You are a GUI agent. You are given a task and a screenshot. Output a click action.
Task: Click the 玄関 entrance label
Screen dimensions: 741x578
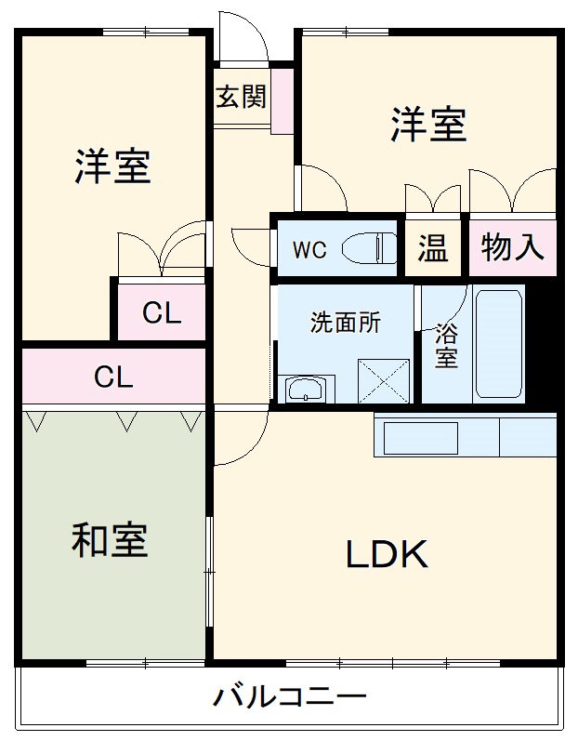241,97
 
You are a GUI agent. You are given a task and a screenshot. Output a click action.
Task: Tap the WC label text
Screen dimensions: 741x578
309,249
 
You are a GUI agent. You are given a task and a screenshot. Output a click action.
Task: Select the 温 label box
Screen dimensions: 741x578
432,248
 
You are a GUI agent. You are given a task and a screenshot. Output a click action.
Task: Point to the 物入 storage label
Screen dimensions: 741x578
512,247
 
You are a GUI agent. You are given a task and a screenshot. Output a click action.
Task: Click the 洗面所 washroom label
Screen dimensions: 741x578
346,323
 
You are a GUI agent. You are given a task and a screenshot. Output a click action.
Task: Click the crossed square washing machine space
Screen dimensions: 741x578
384,381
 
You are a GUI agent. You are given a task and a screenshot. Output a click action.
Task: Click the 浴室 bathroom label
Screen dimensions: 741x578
446,346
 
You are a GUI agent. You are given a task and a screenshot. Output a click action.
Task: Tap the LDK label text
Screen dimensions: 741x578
387,555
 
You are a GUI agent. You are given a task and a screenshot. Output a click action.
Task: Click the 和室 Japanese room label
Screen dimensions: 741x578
110,540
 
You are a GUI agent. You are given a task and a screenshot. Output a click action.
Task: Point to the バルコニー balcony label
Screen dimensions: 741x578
290,696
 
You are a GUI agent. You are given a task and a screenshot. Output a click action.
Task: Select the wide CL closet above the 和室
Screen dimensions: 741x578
113,377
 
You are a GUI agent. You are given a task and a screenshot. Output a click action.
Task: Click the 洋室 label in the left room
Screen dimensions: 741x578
112,166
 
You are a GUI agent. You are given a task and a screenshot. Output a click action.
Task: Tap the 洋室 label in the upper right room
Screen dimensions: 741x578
427,126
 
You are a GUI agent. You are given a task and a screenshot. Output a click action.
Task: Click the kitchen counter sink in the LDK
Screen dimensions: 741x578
421,438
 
